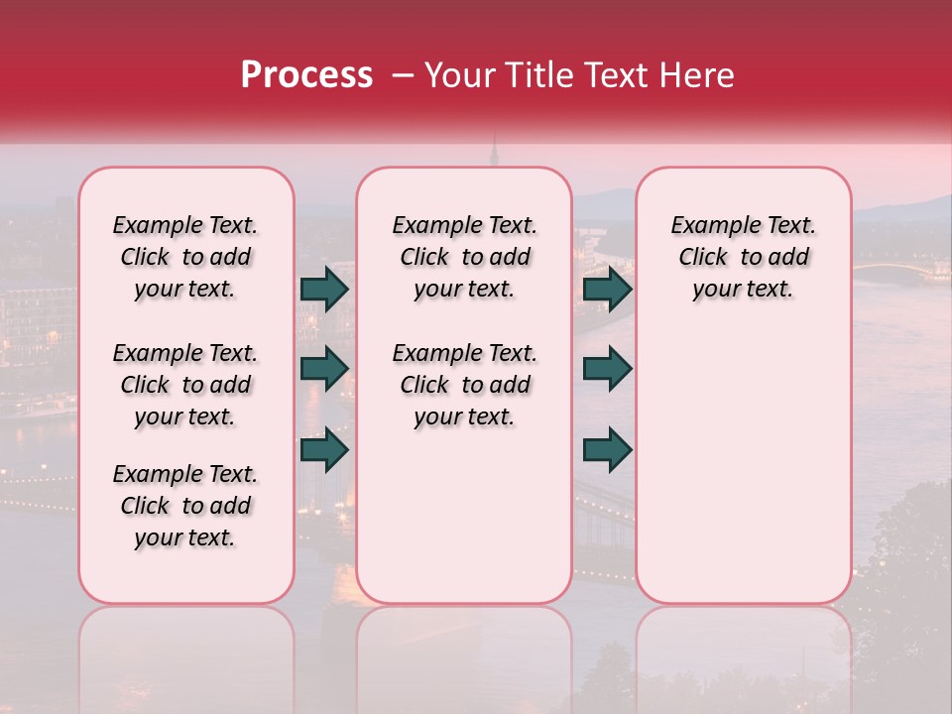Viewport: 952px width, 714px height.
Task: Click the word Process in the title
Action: [306, 74]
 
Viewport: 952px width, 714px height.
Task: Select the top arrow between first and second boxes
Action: [324, 289]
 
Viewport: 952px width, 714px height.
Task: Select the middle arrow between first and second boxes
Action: [324, 369]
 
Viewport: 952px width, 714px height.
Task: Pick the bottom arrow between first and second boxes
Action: [324, 449]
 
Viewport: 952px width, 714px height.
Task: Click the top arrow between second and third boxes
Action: [607, 289]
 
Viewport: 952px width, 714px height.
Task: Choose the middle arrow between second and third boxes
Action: [607, 369]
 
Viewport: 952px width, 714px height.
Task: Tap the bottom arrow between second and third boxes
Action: [607, 449]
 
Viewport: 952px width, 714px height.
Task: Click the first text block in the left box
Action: [185, 257]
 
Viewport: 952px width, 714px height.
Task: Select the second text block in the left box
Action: [185, 385]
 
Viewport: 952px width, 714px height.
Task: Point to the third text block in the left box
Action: [185, 506]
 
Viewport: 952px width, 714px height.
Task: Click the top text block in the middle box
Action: [465, 257]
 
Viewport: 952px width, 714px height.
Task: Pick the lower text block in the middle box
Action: [465, 385]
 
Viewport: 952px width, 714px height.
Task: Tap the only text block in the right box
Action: [744, 257]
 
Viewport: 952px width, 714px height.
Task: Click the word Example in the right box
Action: [707, 226]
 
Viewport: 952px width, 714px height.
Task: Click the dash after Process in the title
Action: [401, 74]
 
